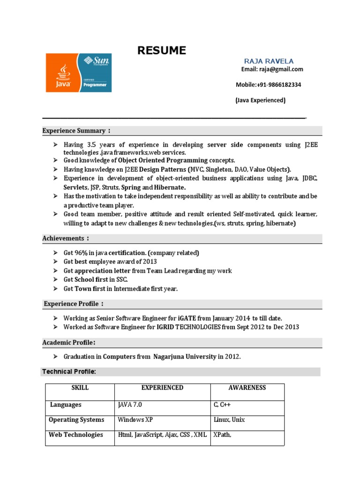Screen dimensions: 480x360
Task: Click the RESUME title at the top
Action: (162, 51)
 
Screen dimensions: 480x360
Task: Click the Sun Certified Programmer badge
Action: (97, 73)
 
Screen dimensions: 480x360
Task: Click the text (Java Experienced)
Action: (260, 100)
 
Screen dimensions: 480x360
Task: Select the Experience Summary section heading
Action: (77, 131)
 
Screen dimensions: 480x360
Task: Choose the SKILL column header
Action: (80, 388)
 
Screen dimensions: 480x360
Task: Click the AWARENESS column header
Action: (247, 388)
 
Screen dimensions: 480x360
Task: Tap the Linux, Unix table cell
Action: (229, 420)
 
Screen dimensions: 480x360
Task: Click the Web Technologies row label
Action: (76, 435)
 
